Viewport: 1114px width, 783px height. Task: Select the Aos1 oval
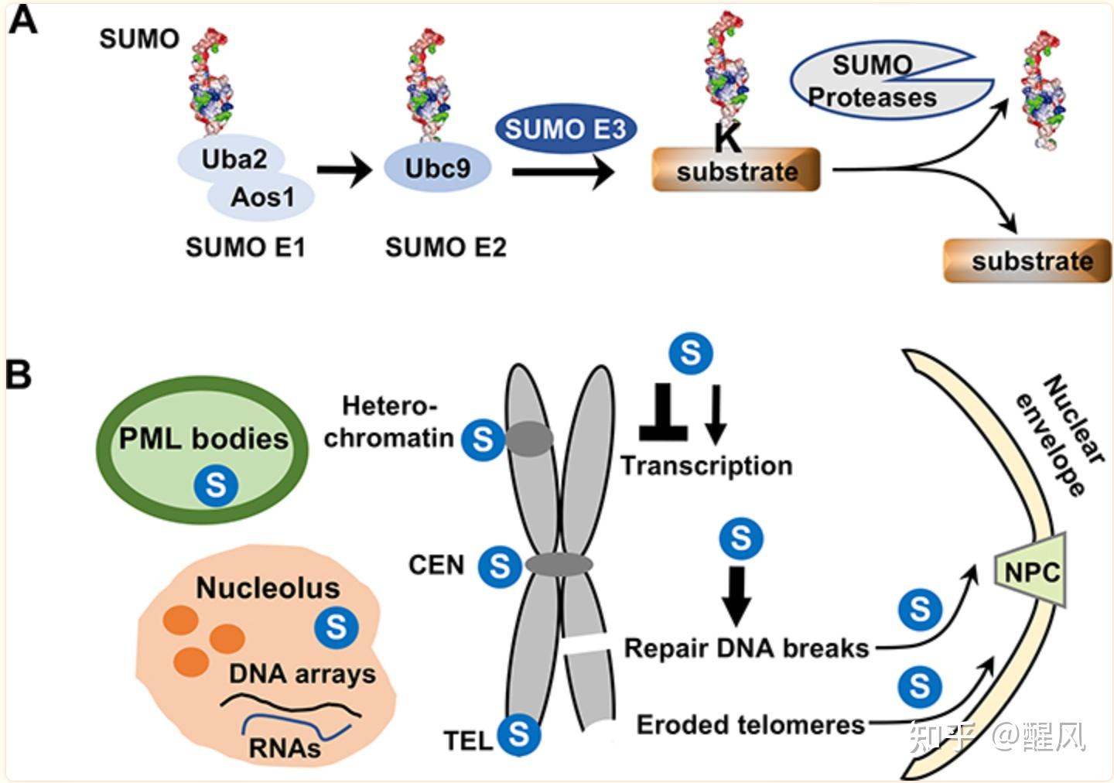261,197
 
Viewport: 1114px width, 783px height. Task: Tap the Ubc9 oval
437,168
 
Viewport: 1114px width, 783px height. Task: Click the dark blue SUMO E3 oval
565,129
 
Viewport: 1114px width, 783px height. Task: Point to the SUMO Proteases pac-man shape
874,81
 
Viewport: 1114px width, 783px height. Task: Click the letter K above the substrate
726,140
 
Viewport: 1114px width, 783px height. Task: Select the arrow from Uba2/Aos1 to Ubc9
344,169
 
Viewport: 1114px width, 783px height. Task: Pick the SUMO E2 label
446,248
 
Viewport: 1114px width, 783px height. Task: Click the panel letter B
19,374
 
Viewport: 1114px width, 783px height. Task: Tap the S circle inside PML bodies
216,485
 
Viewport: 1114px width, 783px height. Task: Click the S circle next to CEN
500,566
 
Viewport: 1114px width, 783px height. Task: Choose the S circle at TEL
519,733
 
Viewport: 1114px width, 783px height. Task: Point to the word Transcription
706,466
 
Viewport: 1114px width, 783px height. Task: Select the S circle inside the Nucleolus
337,626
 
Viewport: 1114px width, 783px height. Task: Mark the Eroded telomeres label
750,725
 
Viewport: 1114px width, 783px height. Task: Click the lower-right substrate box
1028,262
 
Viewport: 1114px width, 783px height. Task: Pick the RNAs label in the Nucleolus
285,748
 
